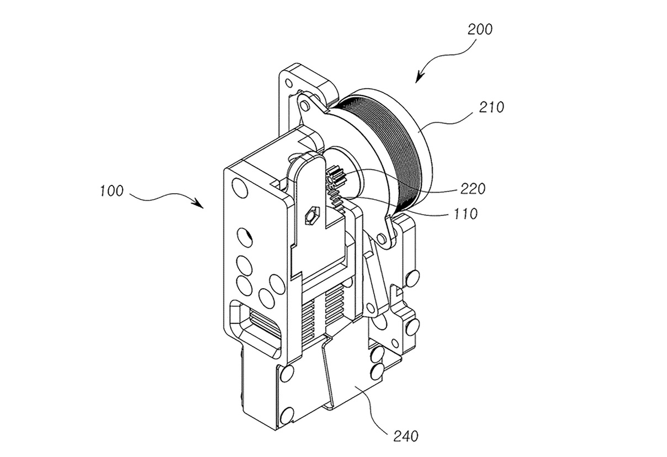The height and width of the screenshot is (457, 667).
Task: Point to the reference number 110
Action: click(465, 213)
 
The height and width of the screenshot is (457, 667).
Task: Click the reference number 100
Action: click(112, 193)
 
